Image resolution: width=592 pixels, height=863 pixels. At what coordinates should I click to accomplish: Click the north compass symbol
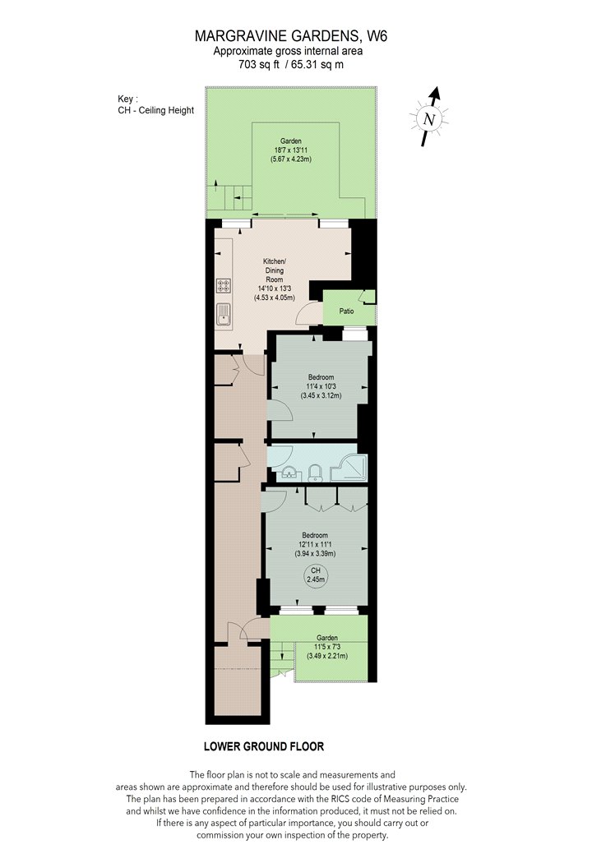pyautogui.click(x=429, y=118)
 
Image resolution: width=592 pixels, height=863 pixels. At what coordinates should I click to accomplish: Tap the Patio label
pyautogui.click(x=346, y=311)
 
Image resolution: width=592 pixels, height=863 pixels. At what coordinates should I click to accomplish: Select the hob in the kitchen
pyautogui.click(x=224, y=286)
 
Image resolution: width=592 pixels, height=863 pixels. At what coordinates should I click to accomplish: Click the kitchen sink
pyautogui.click(x=224, y=314)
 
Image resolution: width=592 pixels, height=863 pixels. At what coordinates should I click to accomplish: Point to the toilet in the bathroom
pyautogui.click(x=314, y=473)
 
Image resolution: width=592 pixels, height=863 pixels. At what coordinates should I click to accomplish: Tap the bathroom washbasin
pyautogui.click(x=289, y=473)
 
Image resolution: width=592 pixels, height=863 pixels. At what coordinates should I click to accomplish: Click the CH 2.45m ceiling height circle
pyautogui.click(x=316, y=575)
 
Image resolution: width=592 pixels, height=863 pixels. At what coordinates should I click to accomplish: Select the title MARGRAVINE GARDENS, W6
pyautogui.click(x=291, y=36)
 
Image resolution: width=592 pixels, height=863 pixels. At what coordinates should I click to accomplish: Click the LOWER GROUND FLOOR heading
pyautogui.click(x=264, y=746)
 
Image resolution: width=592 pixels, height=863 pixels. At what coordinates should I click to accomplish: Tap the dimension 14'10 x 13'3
pyautogui.click(x=275, y=288)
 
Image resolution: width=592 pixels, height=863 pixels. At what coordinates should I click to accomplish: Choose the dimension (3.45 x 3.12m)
pyautogui.click(x=321, y=395)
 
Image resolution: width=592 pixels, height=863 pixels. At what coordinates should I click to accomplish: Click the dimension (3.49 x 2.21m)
pyautogui.click(x=327, y=656)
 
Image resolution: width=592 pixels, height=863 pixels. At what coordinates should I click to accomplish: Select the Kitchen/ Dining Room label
pyautogui.click(x=275, y=270)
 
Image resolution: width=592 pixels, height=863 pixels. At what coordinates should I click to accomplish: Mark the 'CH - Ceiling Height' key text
pyautogui.click(x=156, y=110)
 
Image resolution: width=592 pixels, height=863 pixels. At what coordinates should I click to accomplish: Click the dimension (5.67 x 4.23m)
pyautogui.click(x=291, y=159)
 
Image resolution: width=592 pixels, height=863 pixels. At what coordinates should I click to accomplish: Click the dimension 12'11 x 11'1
pyautogui.click(x=315, y=544)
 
